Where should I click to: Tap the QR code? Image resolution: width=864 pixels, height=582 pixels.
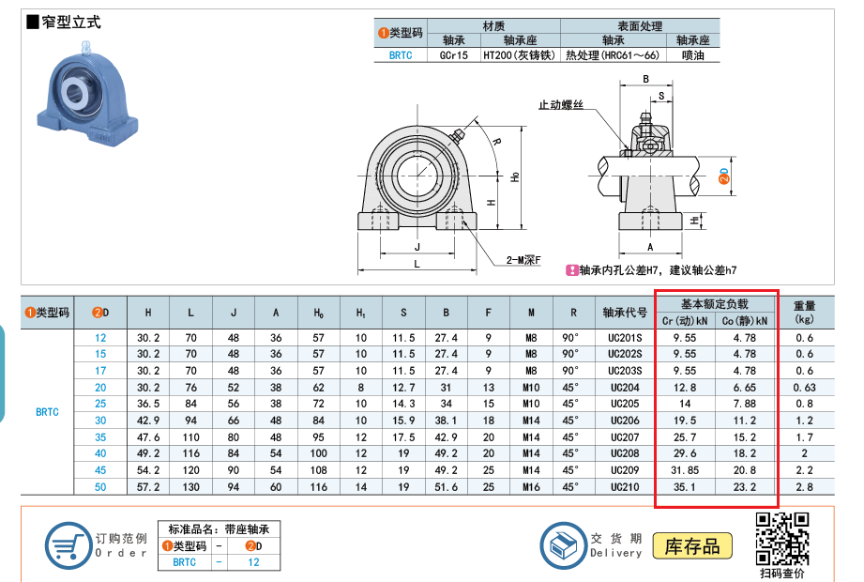pos(781,540)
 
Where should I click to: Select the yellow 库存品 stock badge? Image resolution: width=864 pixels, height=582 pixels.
pos(692,546)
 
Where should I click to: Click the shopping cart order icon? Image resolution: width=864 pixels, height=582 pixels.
pos(68,545)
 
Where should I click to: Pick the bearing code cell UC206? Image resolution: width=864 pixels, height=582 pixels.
pos(624,421)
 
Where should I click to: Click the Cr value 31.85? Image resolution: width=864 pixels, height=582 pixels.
pos(685,470)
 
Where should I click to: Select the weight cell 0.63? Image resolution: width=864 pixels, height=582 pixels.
pos(804,388)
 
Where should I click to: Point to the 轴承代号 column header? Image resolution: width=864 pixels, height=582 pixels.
pos(624,313)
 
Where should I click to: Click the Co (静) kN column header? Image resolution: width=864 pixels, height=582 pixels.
pos(745,321)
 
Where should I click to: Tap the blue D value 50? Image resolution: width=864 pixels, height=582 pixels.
pos(100,487)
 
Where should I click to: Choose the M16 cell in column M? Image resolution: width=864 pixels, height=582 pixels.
pos(531,487)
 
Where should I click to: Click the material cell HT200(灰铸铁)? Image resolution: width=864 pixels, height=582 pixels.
pos(520,55)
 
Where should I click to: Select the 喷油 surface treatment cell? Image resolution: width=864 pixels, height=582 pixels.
pos(692,55)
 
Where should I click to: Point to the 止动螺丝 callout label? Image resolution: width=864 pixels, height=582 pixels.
pos(560,105)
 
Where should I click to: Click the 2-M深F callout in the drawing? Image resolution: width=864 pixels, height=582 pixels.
pos(523,260)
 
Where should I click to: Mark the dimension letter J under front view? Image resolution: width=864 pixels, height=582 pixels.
pos(417,247)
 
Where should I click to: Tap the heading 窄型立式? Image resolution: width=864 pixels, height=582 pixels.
pos(71,23)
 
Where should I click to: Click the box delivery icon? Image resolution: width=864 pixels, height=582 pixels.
pos(563,545)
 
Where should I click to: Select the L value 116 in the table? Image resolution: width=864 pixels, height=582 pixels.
pos(190,453)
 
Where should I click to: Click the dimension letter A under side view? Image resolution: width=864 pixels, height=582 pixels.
pos(650,247)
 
